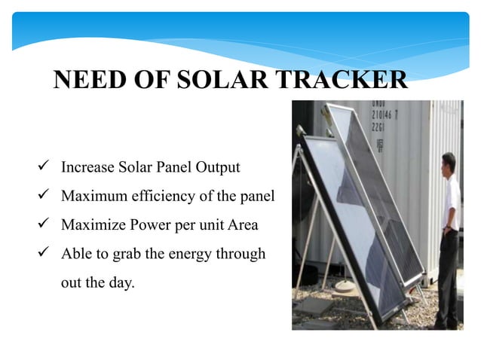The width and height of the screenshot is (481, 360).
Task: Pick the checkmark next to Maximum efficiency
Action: [x=47, y=197]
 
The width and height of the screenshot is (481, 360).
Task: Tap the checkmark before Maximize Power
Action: [x=47, y=225]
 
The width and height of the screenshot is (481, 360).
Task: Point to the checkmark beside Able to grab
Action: [x=47, y=254]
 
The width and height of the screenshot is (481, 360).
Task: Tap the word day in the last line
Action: [x=119, y=284]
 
